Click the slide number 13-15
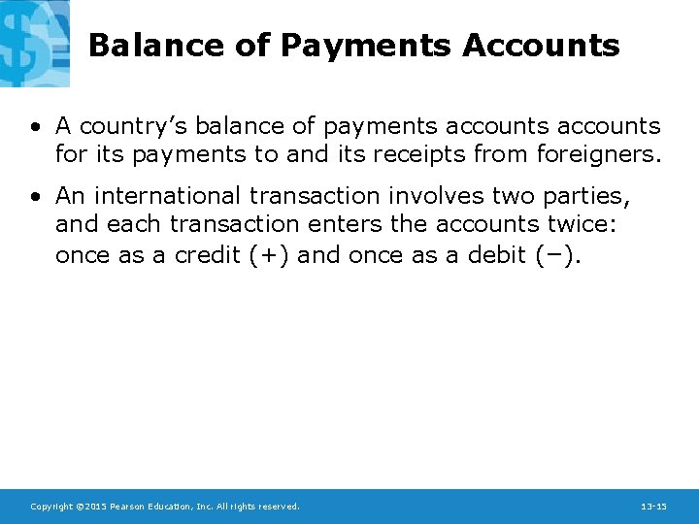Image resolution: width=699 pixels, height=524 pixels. (653, 507)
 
